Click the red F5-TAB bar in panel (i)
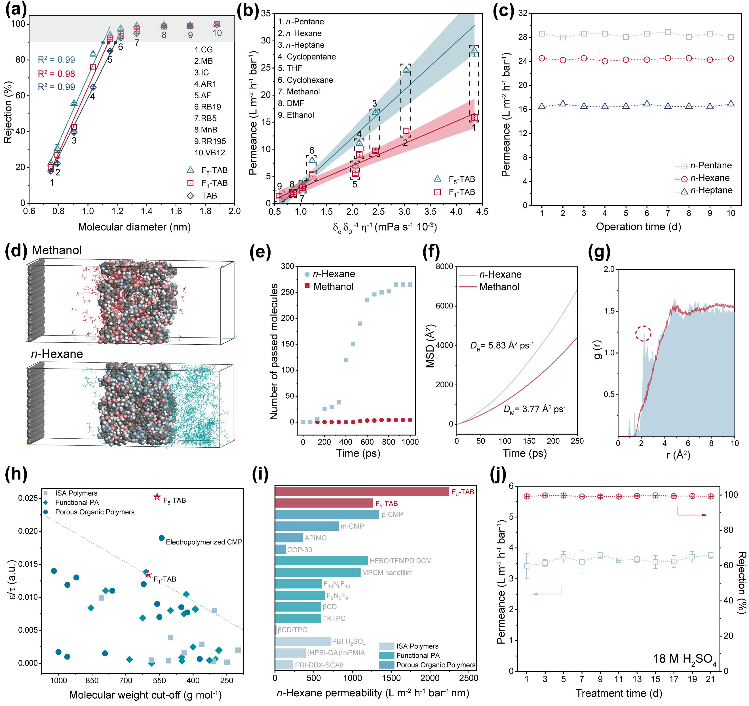(362, 492)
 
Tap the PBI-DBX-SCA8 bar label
(319, 665)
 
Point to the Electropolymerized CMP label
(204, 542)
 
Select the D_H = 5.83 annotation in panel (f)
(501, 345)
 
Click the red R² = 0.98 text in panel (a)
(56, 74)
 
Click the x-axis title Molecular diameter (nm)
(134, 227)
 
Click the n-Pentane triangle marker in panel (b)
(474, 50)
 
